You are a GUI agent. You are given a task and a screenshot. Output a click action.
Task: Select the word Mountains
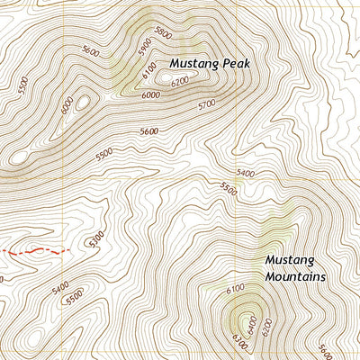coord(295,276)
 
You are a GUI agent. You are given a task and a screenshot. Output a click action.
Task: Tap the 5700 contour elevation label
coord(206,105)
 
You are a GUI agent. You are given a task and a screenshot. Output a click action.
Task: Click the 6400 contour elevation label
coord(251,322)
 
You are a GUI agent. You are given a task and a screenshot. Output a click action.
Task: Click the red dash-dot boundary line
coord(36,252)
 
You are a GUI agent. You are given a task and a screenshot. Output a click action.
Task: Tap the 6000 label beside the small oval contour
coord(66,105)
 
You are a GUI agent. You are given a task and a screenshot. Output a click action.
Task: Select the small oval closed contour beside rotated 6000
coord(82,103)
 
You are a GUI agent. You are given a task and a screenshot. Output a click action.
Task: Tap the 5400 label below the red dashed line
coord(60,288)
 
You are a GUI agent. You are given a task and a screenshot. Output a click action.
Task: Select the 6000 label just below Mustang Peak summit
coord(150,95)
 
